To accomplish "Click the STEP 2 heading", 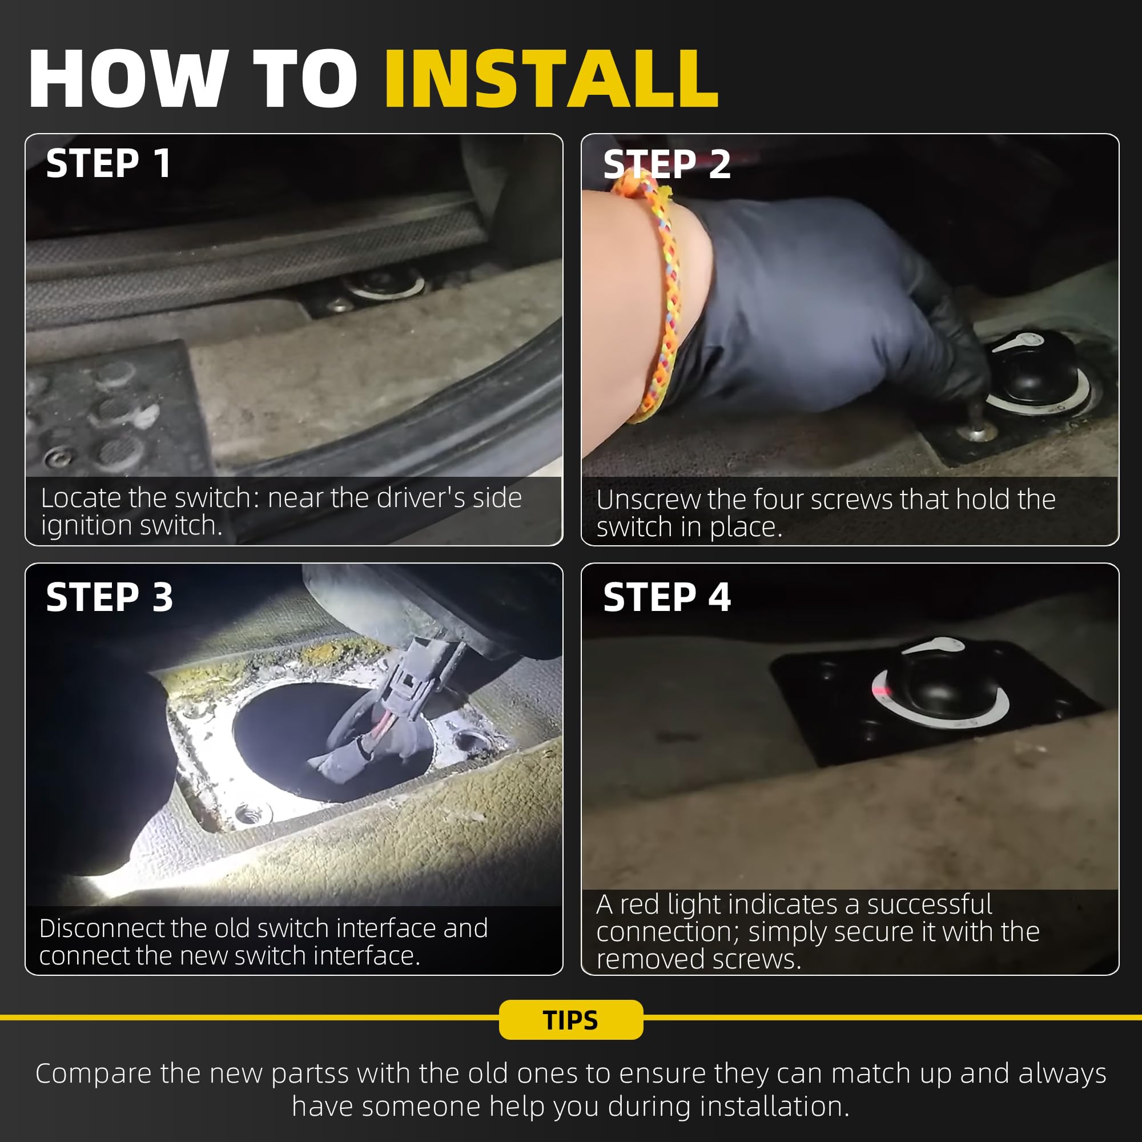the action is pyautogui.click(x=667, y=164).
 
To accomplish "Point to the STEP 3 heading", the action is pyautogui.click(x=110, y=597).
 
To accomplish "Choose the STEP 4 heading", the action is pyautogui.click(x=667, y=597).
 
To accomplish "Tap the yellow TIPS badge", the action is pyautogui.click(x=571, y=1020).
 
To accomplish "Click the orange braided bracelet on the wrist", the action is pyautogui.click(x=649, y=301).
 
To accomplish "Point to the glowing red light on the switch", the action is pyautogui.click(x=880, y=690).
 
